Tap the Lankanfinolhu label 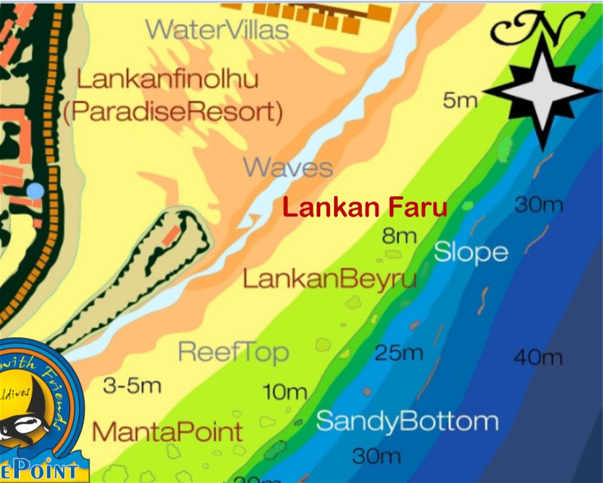(168, 78)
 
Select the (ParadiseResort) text (173, 113)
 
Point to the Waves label (288, 167)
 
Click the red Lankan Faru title (365, 207)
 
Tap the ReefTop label (233, 352)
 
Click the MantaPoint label (167, 432)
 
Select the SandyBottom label (407, 421)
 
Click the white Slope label (470, 253)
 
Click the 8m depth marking (399, 236)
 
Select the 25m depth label (399, 352)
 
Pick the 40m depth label (538, 357)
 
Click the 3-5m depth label (132, 386)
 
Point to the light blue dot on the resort (35, 190)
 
